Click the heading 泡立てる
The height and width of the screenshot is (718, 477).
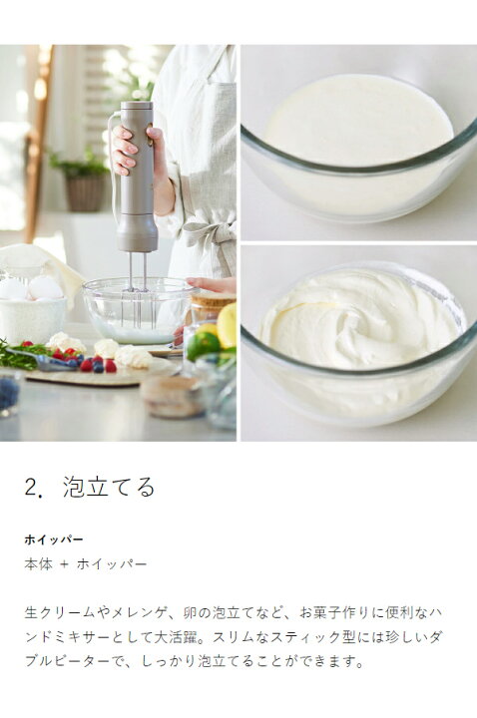109,487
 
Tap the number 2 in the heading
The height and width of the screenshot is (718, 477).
31,488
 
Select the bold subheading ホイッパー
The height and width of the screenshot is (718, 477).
54,539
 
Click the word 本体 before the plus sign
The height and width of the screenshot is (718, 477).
39,563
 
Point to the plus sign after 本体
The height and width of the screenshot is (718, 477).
64,564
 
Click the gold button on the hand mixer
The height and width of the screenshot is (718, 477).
150,138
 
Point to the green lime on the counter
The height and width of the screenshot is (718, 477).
204,345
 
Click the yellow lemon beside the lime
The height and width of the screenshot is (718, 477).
227,324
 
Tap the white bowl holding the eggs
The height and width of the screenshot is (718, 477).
32,313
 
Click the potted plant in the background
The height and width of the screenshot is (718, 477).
83,180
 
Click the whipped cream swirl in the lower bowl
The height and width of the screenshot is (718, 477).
356,320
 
